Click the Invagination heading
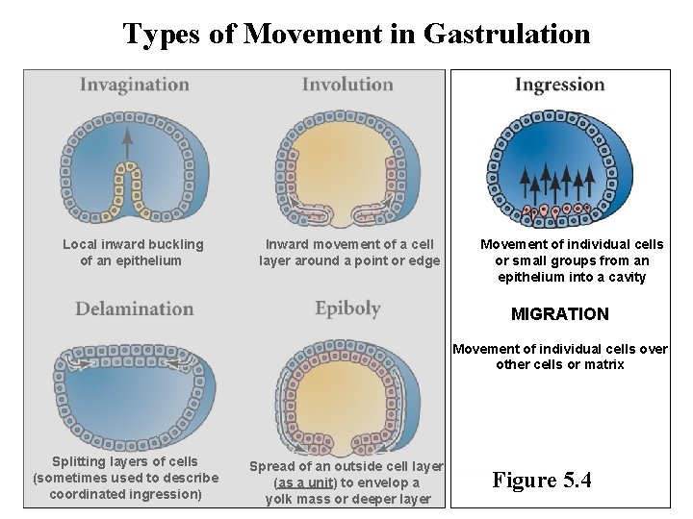[134, 85]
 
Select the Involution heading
[347, 85]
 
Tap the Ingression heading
[560, 85]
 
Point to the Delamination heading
[135, 309]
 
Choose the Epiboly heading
[347, 309]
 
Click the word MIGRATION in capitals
[560, 314]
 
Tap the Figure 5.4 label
[542, 480]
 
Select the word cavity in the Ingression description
[627, 277]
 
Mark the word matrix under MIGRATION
[603, 364]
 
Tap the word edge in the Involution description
[423, 260]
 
